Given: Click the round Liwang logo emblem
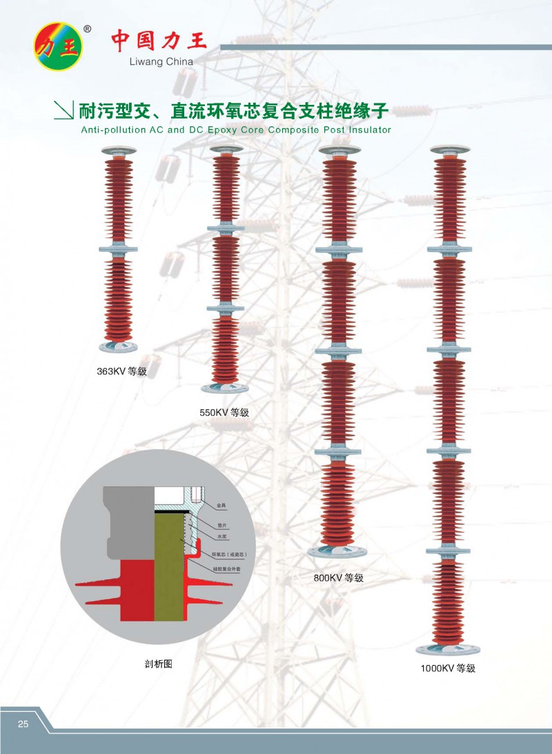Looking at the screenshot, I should pos(59,48).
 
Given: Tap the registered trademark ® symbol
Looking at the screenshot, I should pos(86,30).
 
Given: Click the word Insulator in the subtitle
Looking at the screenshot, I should pos(367,130).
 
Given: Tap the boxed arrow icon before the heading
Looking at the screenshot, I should pos(63,110).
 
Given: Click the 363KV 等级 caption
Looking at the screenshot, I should pos(122,372).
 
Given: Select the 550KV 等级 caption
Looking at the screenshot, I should pos(224,413).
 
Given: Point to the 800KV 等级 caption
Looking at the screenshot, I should pos(338,578).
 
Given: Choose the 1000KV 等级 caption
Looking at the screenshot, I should pos(448,668).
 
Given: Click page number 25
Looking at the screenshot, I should pos(23,724).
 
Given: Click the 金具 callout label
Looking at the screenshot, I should pos(221,506).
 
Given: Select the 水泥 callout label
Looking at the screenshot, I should pos(221,535).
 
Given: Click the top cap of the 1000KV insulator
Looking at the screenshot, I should pos(449,149).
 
